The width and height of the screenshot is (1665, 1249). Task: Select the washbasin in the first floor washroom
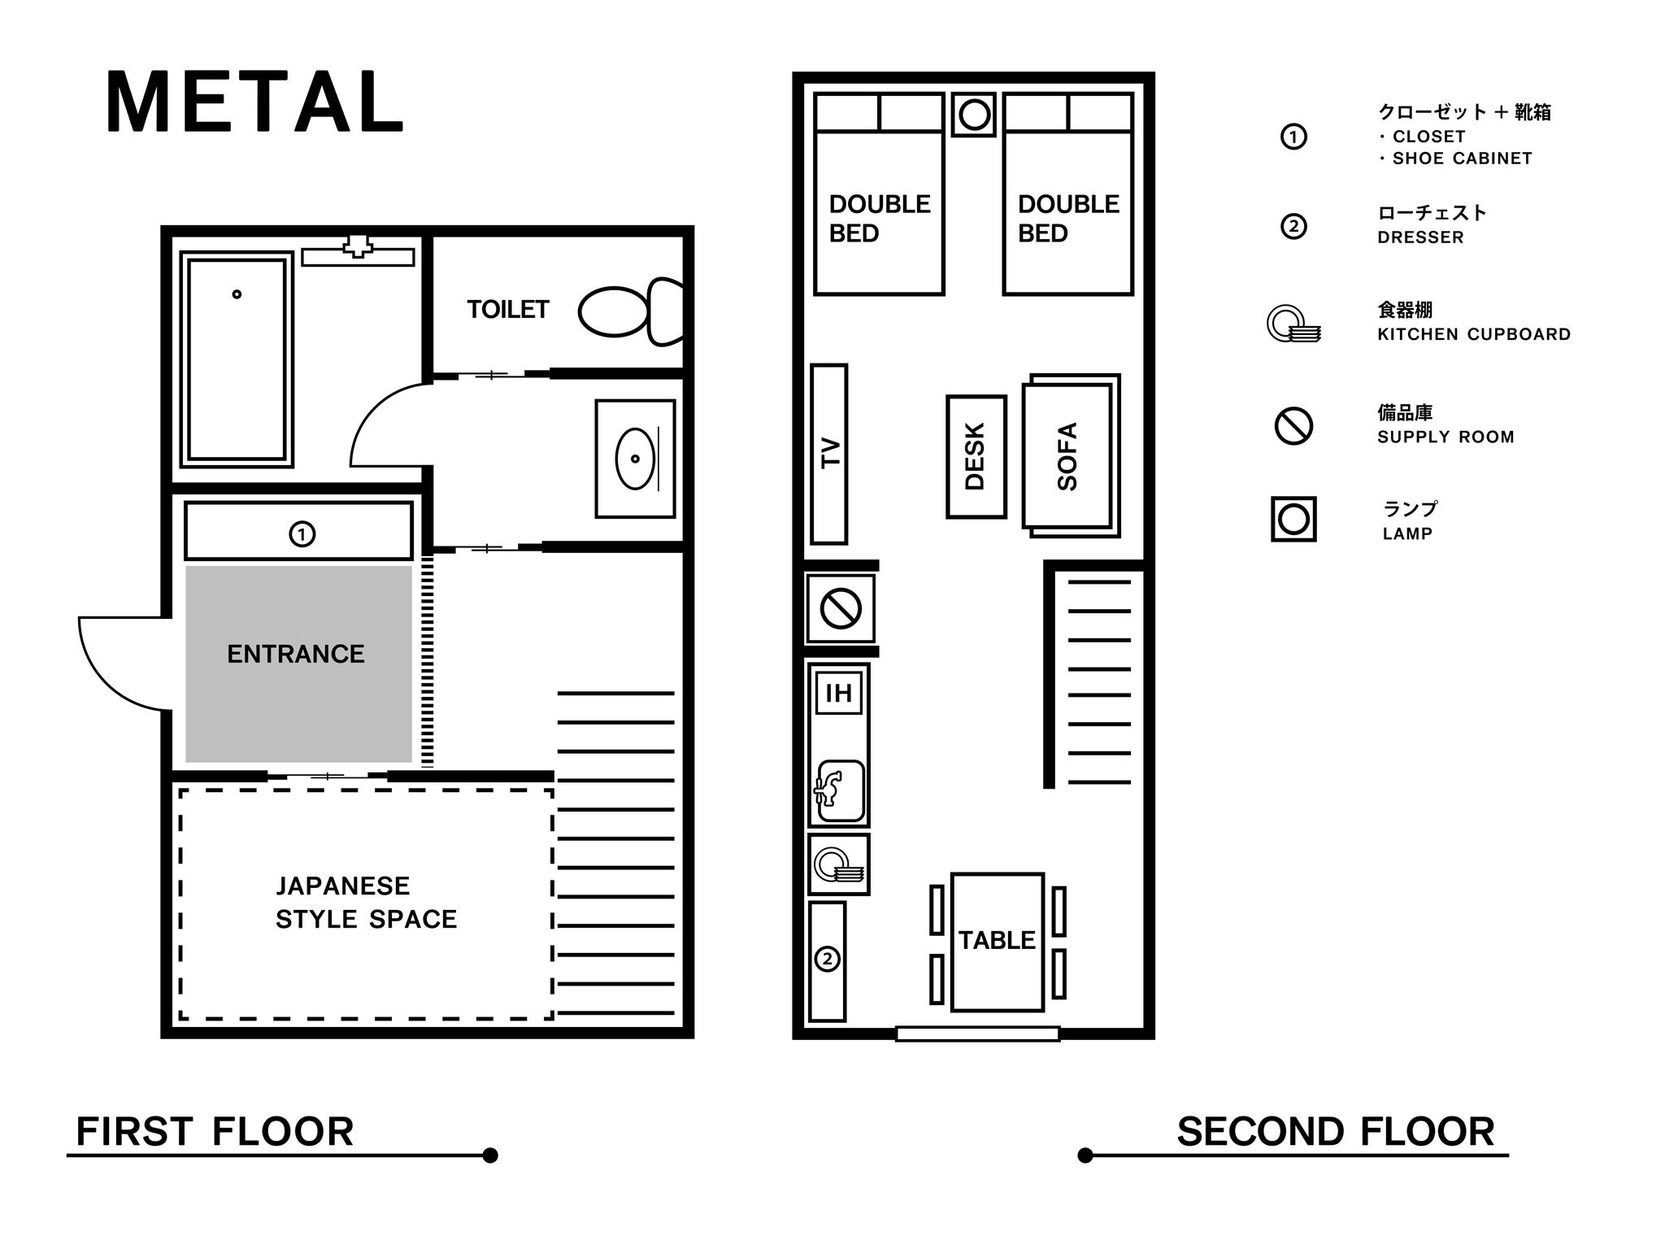click(635, 459)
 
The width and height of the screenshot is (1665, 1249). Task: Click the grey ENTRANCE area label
click(296, 654)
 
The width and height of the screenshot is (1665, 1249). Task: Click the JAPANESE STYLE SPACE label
click(366, 902)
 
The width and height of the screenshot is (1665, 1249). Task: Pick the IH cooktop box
click(838, 693)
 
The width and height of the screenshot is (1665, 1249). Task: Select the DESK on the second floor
click(976, 456)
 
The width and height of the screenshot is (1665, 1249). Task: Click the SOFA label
click(1067, 456)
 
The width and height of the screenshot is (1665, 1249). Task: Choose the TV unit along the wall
click(829, 454)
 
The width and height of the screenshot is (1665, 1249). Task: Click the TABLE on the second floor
click(998, 942)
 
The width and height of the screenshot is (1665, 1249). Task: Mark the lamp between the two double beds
click(974, 115)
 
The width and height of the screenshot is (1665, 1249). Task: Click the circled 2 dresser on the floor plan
click(828, 960)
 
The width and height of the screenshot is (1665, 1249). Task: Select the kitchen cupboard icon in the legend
click(1293, 323)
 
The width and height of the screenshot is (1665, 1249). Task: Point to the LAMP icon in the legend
click(1293, 519)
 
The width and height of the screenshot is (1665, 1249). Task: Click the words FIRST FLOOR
click(215, 1132)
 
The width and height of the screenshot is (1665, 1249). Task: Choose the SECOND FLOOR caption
click(1336, 1132)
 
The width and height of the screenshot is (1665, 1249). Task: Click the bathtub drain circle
click(237, 294)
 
